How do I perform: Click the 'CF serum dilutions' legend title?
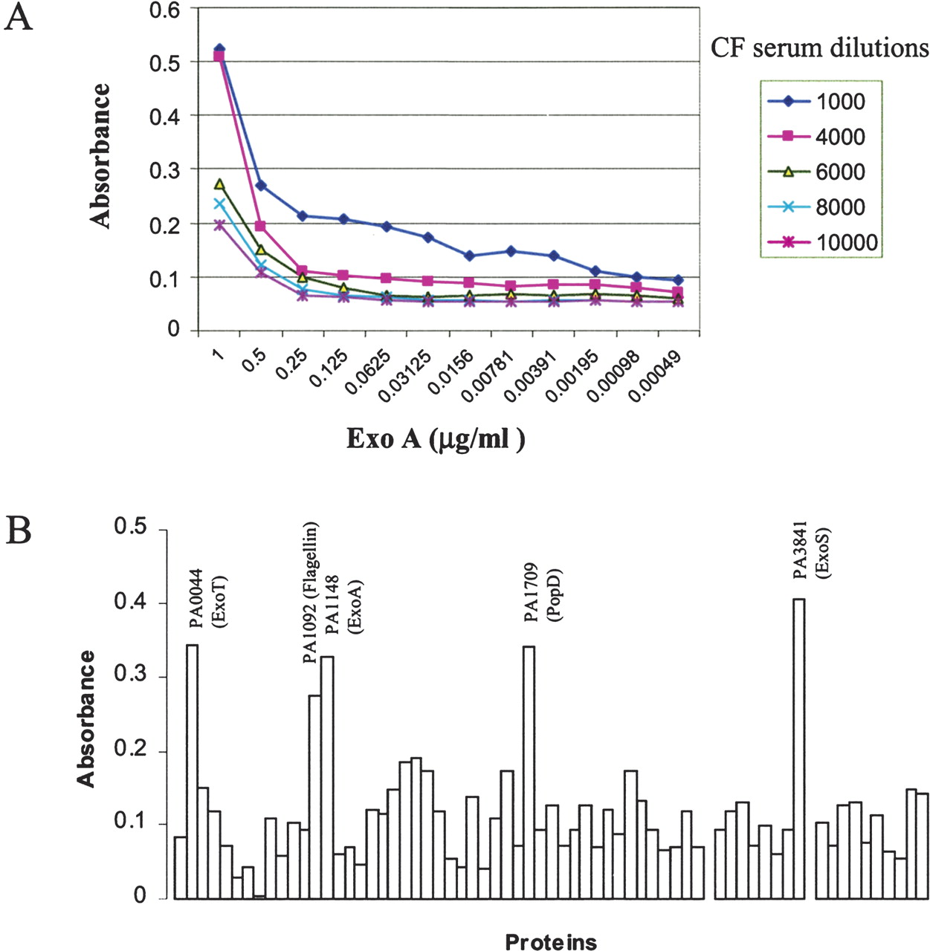click(819, 48)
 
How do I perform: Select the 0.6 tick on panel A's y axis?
click(164, 10)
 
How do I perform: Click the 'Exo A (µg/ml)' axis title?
click(436, 438)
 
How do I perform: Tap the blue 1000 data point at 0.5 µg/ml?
click(261, 185)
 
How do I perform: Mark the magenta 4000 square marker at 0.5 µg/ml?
click(261, 226)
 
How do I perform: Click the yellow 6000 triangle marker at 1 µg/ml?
click(219, 184)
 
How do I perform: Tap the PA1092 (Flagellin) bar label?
click(310, 592)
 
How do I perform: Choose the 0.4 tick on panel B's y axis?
click(131, 602)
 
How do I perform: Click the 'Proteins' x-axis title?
click(551, 942)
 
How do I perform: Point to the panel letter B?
click(19, 531)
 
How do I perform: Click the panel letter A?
click(19, 18)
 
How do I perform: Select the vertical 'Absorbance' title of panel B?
click(87, 718)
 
